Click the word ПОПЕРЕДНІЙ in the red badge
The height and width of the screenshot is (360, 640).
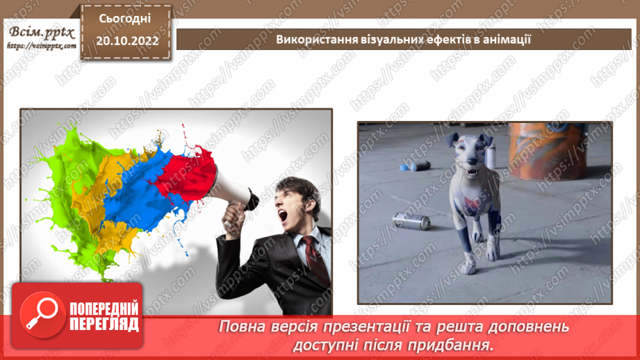[x=102, y=307]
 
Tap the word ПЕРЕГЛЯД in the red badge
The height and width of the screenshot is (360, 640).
[x=102, y=324]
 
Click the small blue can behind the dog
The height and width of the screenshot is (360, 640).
[x=418, y=167]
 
